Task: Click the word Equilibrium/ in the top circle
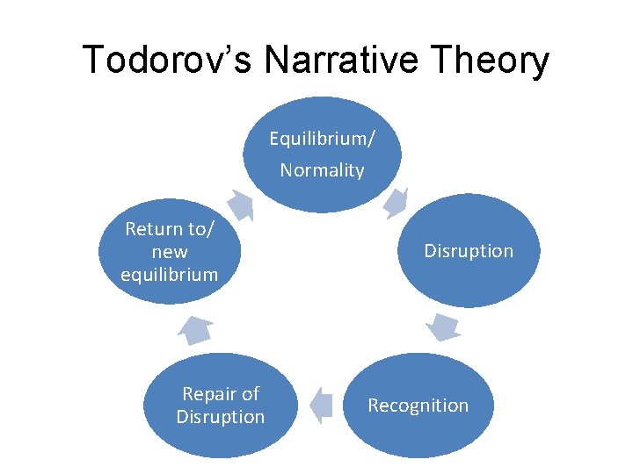click(x=322, y=139)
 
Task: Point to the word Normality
click(x=322, y=170)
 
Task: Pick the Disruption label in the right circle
click(x=469, y=251)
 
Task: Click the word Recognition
click(x=418, y=406)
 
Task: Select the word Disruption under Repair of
click(x=220, y=417)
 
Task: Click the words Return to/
click(x=169, y=229)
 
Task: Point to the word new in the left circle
click(x=169, y=252)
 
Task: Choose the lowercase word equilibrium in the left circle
click(x=169, y=274)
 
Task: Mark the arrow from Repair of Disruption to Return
click(x=195, y=330)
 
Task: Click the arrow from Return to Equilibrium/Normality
click(x=240, y=205)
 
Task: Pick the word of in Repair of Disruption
click(x=250, y=394)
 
